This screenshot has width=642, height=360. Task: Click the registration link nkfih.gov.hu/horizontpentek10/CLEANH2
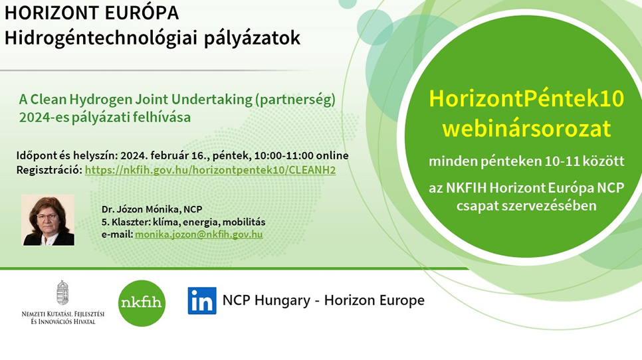[210, 170]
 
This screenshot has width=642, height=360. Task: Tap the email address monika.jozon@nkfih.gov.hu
[199, 234]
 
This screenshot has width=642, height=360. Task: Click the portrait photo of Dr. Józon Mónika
[48, 220]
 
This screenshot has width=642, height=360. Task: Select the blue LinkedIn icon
[202, 301]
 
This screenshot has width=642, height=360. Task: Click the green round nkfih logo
[142, 303]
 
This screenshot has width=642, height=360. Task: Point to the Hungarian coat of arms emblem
[62, 292]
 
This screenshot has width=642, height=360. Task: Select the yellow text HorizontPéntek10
[526, 98]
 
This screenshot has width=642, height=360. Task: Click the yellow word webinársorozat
[526, 128]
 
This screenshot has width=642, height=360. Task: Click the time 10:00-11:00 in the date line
[284, 155]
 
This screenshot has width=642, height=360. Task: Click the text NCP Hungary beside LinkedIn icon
[266, 300]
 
